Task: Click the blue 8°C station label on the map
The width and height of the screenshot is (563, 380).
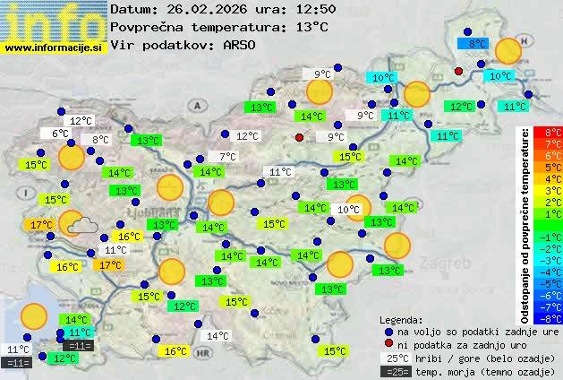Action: (x=472, y=43)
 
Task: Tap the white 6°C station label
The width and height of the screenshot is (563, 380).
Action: (x=59, y=134)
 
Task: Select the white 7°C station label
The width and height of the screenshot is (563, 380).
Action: (x=226, y=157)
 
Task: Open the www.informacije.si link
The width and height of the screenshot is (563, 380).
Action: (x=54, y=47)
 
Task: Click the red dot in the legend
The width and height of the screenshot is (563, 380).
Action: (x=388, y=343)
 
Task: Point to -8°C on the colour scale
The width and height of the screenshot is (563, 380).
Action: (x=548, y=318)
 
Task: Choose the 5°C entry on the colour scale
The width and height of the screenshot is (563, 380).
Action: (x=548, y=167)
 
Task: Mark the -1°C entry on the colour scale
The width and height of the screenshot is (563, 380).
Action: (x=548, y=237)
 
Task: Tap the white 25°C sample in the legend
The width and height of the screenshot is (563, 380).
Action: (x=399, y=358)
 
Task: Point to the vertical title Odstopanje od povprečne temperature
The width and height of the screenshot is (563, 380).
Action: (x=527, y=224)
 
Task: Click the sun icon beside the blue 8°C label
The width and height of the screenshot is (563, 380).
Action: (x=508, y=51)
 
